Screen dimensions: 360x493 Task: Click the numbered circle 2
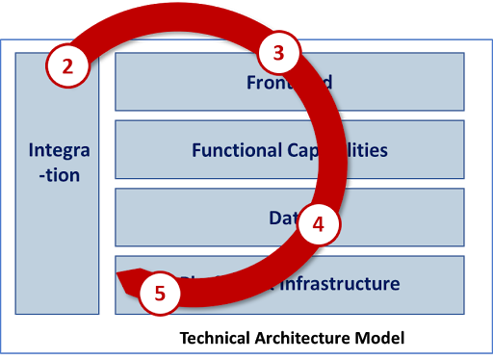point(67,66)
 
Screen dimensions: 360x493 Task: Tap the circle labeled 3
point(278,54)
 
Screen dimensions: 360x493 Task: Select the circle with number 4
point(318,225)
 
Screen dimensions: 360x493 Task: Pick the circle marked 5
point(160,295)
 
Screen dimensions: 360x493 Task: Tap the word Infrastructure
point(340,284)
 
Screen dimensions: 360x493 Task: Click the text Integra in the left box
point(60,151)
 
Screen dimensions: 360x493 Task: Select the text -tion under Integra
point(60,175)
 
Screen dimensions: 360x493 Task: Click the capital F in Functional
point(196,150)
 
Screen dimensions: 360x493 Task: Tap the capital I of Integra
point(32,151)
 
